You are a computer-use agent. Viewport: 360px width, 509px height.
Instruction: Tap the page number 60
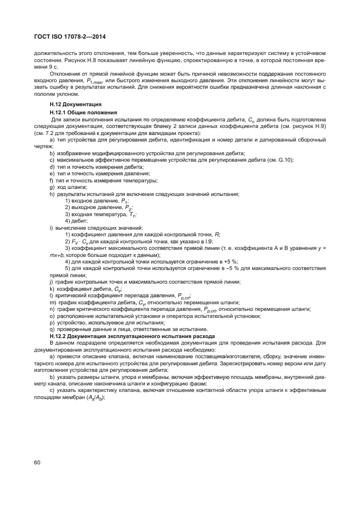pyautogui.click(x=37, y=463)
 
